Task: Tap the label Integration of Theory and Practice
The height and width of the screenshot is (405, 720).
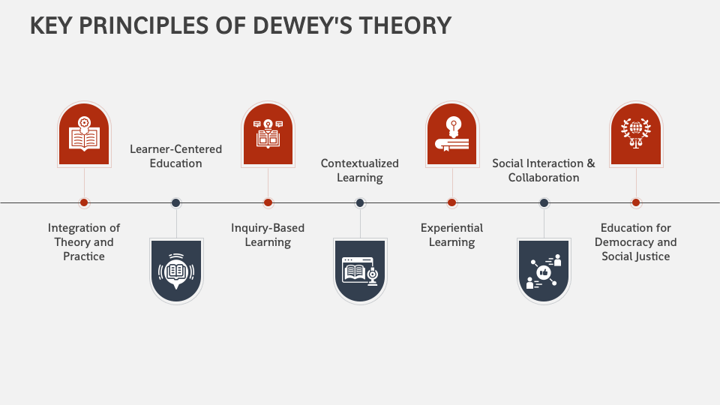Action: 84,241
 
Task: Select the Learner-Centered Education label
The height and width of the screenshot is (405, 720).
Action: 176,156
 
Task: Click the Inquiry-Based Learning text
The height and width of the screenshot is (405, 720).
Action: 268,235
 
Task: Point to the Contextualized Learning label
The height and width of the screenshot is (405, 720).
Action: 360,170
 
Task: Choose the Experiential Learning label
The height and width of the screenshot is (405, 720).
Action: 451,235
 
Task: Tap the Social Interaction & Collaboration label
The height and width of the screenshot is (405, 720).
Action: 544,170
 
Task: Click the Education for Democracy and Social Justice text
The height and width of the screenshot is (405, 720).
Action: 636,241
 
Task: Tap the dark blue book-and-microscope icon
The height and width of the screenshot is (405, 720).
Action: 360,270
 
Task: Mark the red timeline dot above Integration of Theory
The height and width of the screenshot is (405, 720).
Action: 84,202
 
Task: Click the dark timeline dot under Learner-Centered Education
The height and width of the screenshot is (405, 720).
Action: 176,202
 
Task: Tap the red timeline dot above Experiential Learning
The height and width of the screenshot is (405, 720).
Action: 451,202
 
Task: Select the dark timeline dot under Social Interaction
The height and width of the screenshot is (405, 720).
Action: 544,202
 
